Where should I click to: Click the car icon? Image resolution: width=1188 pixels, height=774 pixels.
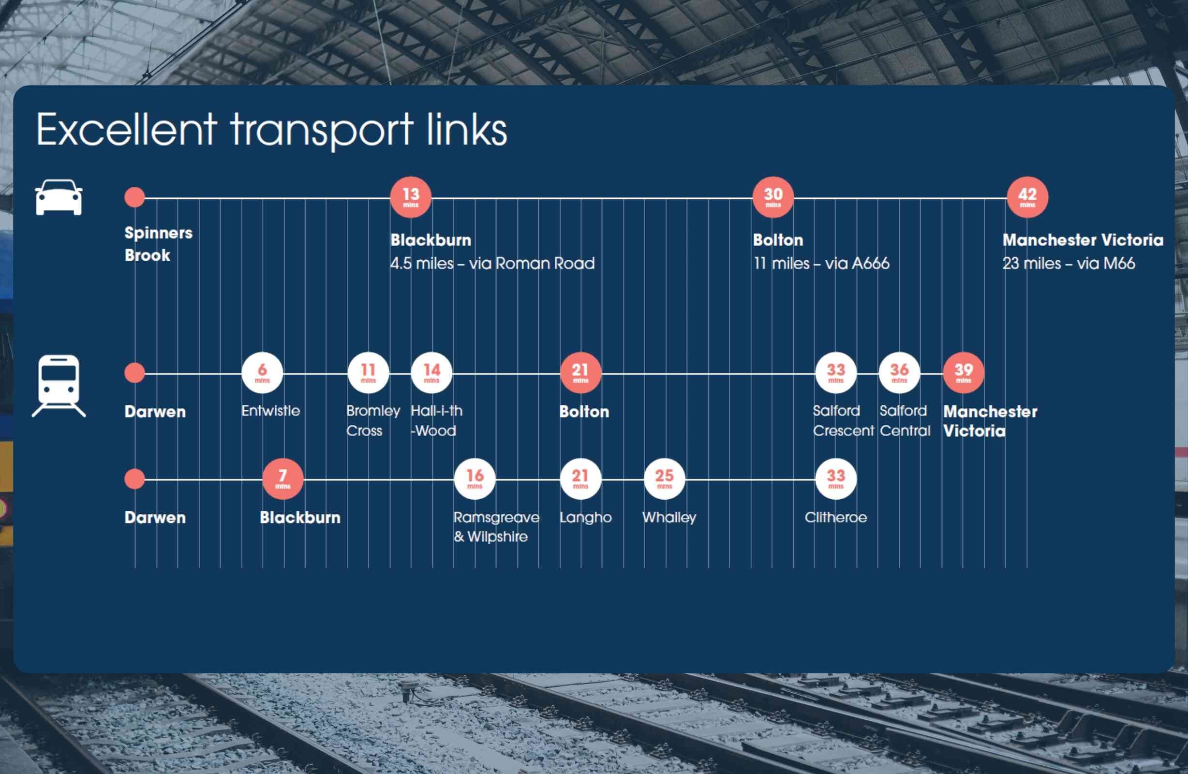[59, 197]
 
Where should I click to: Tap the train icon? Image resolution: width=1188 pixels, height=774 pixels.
[59, 386]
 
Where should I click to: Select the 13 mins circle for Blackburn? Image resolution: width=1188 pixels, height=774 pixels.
[411, 197]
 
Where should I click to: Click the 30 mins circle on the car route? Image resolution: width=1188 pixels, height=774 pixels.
[773, 197]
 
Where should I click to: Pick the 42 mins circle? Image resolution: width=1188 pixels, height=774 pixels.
[1027, 197]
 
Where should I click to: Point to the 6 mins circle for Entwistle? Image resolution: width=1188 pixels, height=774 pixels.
[262, 372]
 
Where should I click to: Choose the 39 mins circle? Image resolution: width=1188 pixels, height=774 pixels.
[964, 372]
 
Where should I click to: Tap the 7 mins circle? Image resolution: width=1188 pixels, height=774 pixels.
[283, 478]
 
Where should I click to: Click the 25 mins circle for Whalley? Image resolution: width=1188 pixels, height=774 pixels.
[665, 478]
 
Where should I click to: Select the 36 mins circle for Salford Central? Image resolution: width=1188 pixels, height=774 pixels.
[900, 372]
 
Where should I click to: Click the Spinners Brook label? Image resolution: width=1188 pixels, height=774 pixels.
[158, 244]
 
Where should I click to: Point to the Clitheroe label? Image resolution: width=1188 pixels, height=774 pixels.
[835, 517]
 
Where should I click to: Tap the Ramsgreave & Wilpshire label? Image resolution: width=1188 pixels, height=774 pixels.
[497, 527]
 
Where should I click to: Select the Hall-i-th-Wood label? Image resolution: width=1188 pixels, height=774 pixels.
[437, 420]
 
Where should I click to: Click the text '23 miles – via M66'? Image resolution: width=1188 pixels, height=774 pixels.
[1069, 263]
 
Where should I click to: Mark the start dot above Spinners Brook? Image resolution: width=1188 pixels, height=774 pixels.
[135, 197]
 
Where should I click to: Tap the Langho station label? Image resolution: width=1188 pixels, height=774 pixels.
[585, 518]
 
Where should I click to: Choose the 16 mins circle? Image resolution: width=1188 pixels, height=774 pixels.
[475, 478]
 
